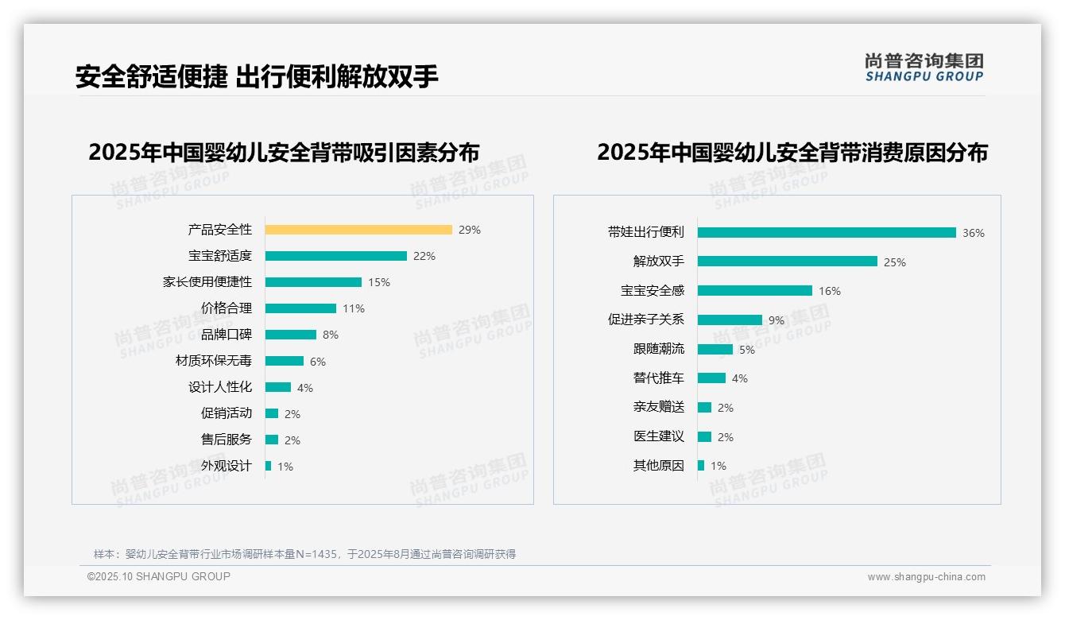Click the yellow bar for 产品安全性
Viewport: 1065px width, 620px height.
point(358,230)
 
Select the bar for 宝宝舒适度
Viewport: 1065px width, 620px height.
point(335,256)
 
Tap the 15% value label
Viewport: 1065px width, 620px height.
point(379,282)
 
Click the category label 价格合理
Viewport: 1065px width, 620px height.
point(227,308)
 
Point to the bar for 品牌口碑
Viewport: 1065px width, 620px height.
point(291,335)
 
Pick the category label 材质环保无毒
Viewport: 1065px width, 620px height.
point(214,361)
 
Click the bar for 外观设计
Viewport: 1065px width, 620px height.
point(269,466)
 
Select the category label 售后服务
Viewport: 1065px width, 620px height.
point(227,440)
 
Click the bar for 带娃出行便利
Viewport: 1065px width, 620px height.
point(827,233)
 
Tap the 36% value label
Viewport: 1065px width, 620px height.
point(974,233)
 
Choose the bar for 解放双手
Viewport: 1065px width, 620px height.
point(788,262)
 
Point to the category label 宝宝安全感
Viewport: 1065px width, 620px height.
point(653,291)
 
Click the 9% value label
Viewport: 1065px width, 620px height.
point(776,320)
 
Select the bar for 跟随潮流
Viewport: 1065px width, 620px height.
point(715,349)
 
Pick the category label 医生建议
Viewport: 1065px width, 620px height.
point(659,436)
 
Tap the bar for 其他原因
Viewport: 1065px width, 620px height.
point(701,466)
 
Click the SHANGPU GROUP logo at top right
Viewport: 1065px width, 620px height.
point(924,68)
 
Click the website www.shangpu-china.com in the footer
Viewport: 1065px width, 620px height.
point(926,577)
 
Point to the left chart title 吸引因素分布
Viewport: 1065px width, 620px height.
point(284,153)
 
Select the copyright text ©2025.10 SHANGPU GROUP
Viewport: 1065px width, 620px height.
point(159,576)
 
